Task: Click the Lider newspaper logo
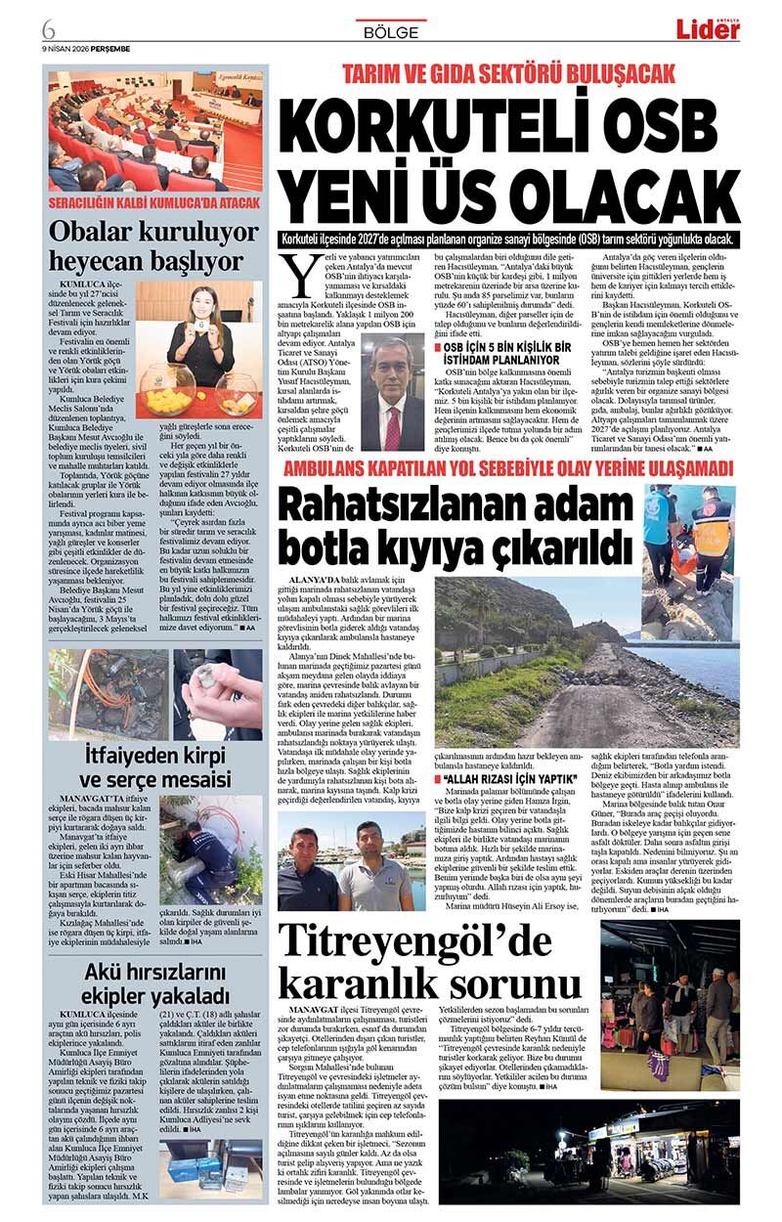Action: (709, 29)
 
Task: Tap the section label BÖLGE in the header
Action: (390, 31)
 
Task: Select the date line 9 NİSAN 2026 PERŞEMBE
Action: (86, 48)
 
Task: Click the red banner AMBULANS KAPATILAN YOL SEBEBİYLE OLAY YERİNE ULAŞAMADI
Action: (507, 468)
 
